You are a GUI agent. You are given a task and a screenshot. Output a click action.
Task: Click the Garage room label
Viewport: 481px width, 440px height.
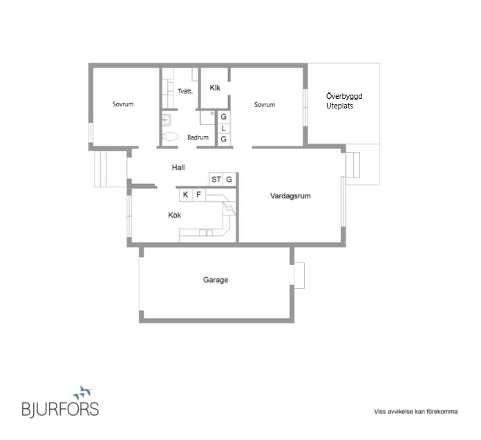[216, 280]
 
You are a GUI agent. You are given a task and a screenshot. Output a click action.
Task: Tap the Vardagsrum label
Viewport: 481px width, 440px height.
[290, 196]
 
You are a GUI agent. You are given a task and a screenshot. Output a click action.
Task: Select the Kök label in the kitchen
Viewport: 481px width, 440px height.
[175, 215]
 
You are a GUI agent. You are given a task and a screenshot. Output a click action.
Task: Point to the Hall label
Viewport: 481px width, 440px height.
[178, 167]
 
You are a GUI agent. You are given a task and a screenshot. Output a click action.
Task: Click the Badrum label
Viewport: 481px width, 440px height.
[198, 137]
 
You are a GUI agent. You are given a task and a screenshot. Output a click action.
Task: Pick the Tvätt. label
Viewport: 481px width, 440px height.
[185, 91]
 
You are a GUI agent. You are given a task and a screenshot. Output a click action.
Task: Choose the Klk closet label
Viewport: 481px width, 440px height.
[215, 88]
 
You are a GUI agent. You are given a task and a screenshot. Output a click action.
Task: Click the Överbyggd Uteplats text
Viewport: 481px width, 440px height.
[344, 101]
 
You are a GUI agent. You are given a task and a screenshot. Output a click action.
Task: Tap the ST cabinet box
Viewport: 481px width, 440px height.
[216, 180]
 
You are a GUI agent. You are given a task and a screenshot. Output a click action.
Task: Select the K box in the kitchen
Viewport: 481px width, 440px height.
[186, 195]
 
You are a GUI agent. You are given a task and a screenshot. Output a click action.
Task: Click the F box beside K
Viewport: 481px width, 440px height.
[199, 195]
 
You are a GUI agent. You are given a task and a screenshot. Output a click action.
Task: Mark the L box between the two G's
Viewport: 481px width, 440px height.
[224, 128]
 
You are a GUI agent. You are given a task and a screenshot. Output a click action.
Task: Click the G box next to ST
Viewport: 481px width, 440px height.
[229, 180]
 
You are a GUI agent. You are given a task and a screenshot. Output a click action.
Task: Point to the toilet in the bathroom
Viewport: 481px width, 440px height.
[169, 137]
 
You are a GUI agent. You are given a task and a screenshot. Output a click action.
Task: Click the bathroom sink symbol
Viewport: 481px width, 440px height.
[167, 120]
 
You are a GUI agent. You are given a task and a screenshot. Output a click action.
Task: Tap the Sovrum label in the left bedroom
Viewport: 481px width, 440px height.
[123, 104]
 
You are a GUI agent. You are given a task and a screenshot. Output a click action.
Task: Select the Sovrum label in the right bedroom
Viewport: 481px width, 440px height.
[265, 105]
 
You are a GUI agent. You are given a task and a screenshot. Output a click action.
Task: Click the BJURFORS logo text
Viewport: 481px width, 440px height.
[60, 409]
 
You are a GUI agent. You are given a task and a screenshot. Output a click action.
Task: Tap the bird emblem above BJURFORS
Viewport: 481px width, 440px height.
[82, 392]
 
